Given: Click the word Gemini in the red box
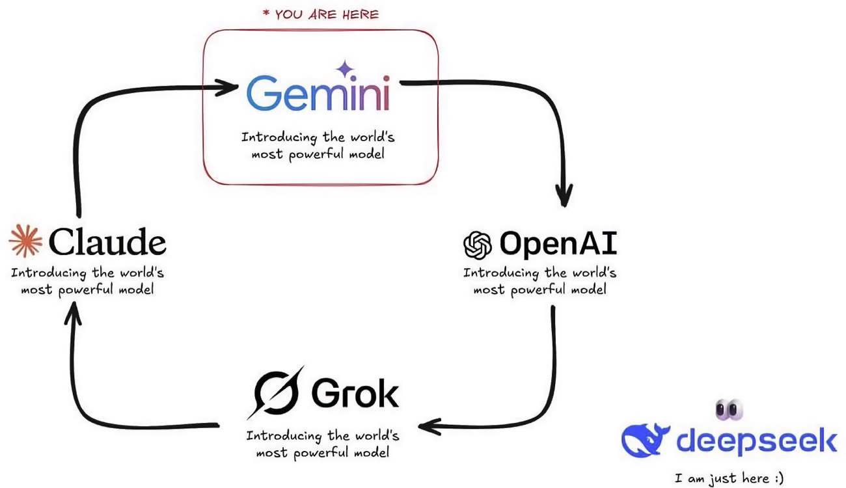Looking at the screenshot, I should point(318,95).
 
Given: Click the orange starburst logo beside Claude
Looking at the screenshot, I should point(25,242).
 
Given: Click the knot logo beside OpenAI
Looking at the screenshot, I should point(477,246).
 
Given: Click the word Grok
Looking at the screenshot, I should point(355,392).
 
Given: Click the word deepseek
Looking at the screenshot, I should point(756,441).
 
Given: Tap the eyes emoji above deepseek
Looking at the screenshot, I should point(729,409).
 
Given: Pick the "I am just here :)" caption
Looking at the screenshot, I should point(730,479).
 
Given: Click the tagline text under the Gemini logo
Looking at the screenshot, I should point(318,146).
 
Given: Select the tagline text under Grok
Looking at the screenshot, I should point(323,444).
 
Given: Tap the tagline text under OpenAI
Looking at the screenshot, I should point(540,280).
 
